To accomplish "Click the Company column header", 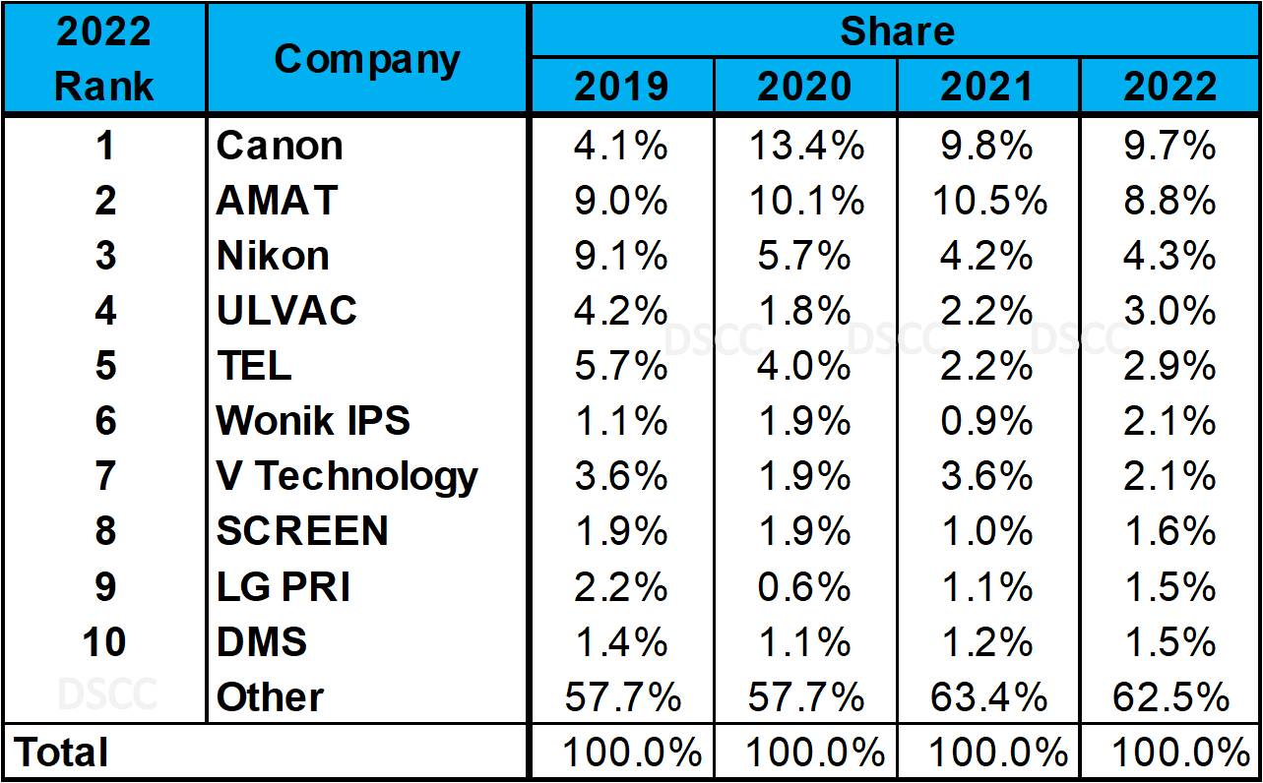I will tap(366, 59).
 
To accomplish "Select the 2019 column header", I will tap(621, 87).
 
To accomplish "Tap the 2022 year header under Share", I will tap(1170, 87).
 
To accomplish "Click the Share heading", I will tap(896, 30).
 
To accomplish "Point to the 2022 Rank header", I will tap(103, 59).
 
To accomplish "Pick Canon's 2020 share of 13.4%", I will tap(804, 147).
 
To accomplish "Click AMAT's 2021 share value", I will tap(987, 202).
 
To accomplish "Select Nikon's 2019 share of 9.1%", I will tap(621, 257).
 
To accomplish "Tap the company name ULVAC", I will tap(286, 312).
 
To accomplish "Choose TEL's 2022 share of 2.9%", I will tap(1170, 367).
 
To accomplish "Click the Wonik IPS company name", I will tap(313, 422).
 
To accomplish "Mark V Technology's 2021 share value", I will tap(987, 477).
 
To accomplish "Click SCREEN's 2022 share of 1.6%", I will tap(1170, 532).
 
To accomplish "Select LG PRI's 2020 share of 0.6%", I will tap(804, 587).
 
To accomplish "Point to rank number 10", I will tap(103, 642).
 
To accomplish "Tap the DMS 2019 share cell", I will tap(621, 642).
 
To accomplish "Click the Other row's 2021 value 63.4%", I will tap(987, 697).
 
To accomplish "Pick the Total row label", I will tap(61, 753).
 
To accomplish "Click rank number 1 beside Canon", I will tap(103, 147).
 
